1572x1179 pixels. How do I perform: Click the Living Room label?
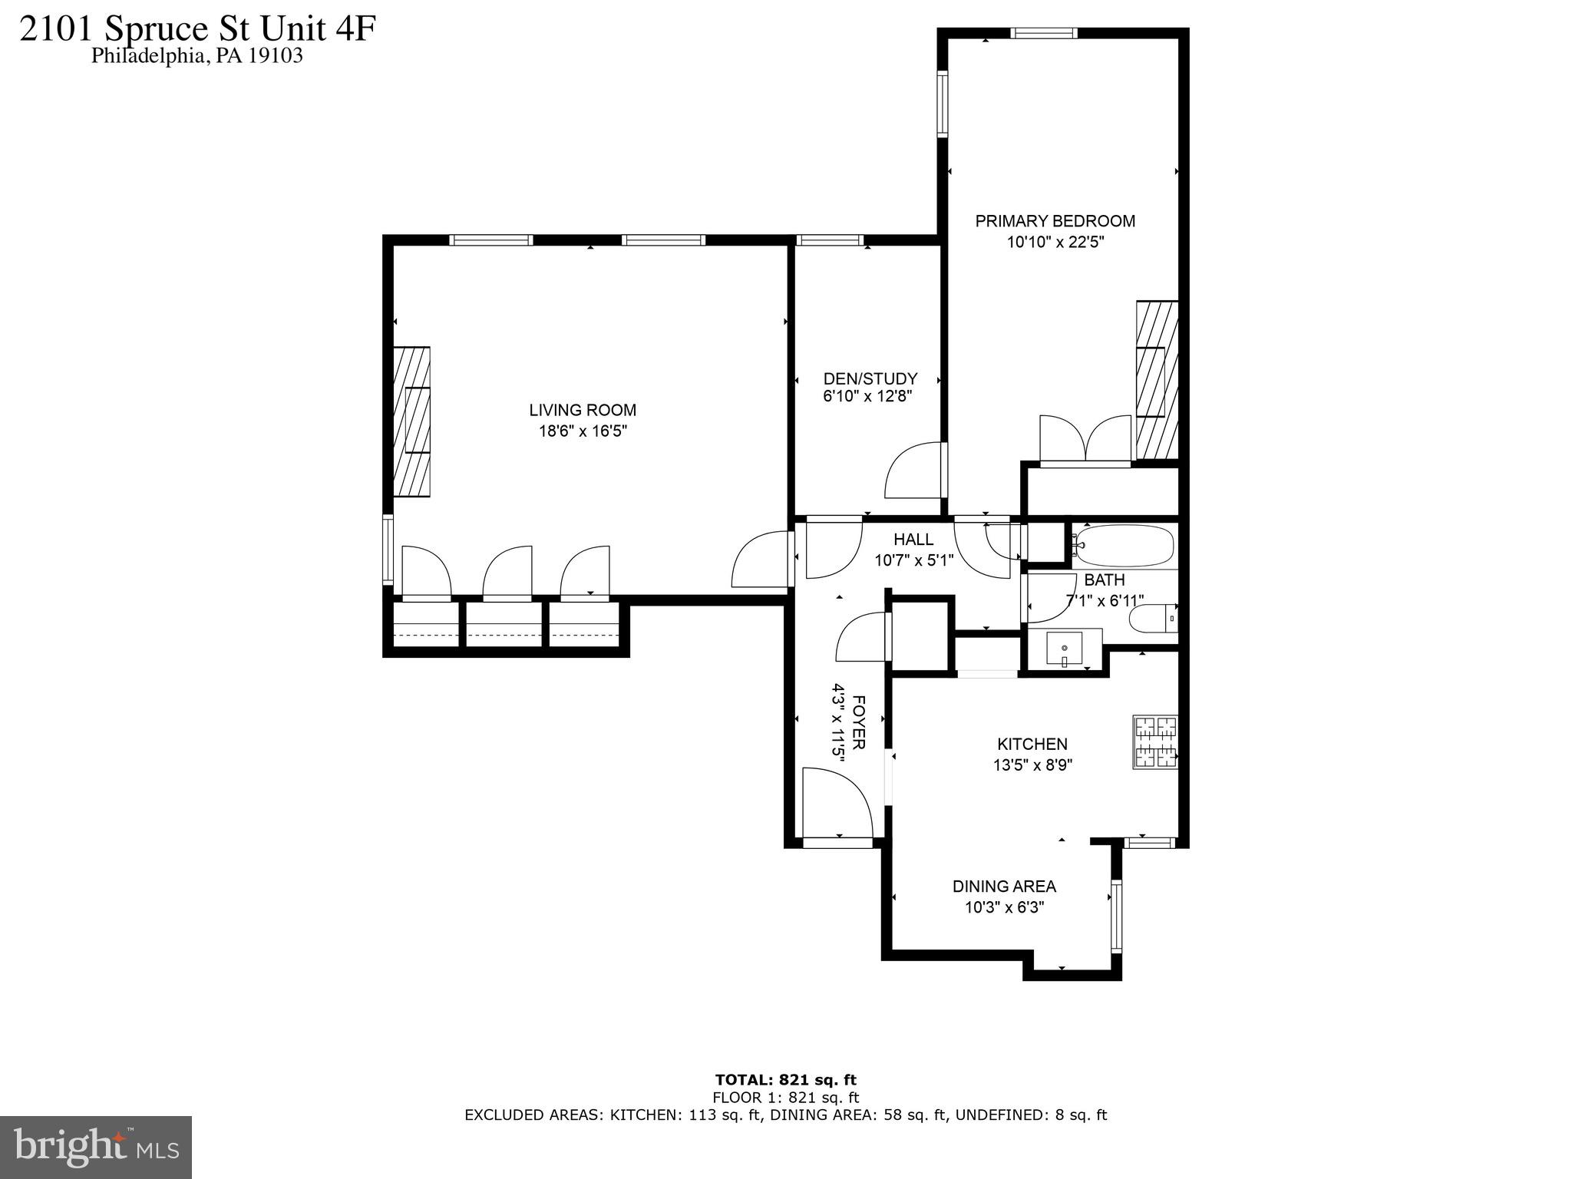click(583, 411)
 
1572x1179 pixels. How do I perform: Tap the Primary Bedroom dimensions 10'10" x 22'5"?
click(1055, 243)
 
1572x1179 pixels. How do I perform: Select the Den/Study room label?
click(870, 378)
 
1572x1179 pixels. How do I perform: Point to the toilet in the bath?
click(1152, 618)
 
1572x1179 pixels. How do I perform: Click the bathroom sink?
click(1065, 649)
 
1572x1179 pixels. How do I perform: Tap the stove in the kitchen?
click(1155, 742)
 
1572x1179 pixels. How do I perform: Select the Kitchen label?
click(1032, 744)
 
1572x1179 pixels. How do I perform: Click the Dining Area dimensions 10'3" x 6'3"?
click(1004, 907)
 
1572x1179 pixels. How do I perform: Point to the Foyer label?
click(859, 722)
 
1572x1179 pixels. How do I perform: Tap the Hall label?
click(913, 540)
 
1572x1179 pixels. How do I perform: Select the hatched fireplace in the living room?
click(411, 421)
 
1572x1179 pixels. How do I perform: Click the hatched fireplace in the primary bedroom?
click(1156, 380)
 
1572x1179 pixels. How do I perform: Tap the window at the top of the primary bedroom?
click(1044, 33)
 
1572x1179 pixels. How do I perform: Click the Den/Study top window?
click(830, 240)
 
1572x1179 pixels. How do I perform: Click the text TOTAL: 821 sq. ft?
click(785, 1080)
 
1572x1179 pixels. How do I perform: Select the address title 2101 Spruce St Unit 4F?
click(197, 29)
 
